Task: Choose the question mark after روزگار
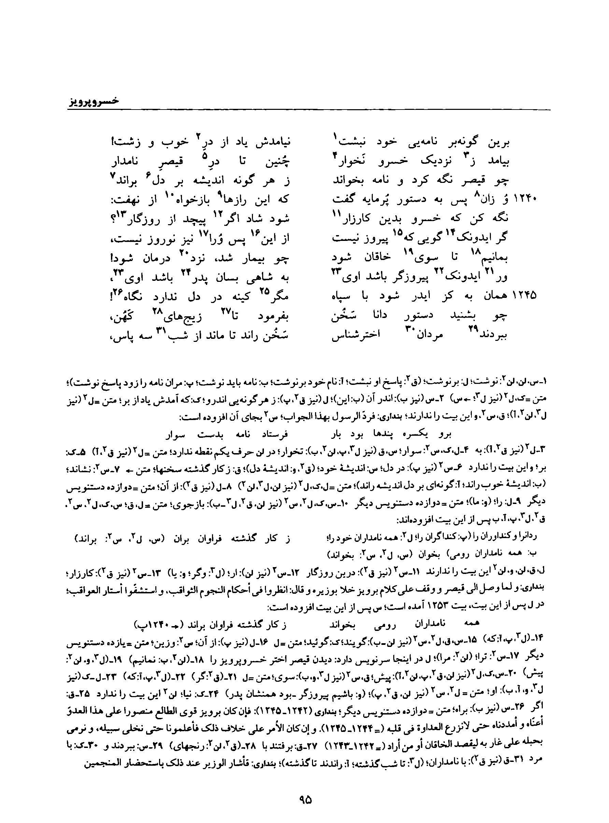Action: (x=113, y=219)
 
